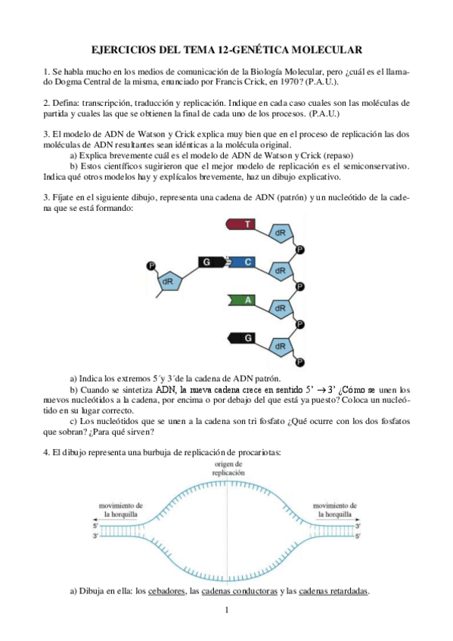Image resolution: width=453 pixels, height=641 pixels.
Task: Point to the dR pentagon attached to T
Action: (280, 233)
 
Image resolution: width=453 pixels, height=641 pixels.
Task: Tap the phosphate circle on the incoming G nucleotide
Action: (150, 265)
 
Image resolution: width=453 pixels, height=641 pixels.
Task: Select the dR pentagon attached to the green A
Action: (280, 308)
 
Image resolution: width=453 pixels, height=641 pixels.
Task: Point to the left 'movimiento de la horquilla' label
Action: (123, 508)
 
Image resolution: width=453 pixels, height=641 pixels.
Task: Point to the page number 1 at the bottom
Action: (227, 609)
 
